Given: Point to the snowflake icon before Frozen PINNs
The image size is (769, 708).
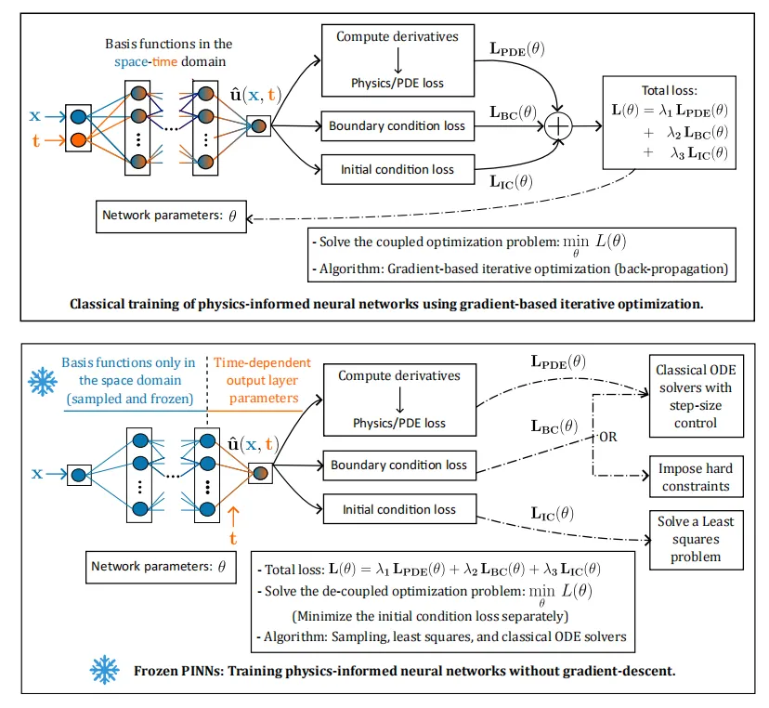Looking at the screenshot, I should pyautogui.click(x=104, y=668).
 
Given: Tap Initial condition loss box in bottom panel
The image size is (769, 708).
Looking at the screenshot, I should pyautogui.click(x=398, y=509).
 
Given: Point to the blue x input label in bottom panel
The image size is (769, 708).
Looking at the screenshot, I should pyautogui.click(x=38, y=473).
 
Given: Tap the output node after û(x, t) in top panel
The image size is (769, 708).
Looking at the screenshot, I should pyautogui.click(x=258, y=125).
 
